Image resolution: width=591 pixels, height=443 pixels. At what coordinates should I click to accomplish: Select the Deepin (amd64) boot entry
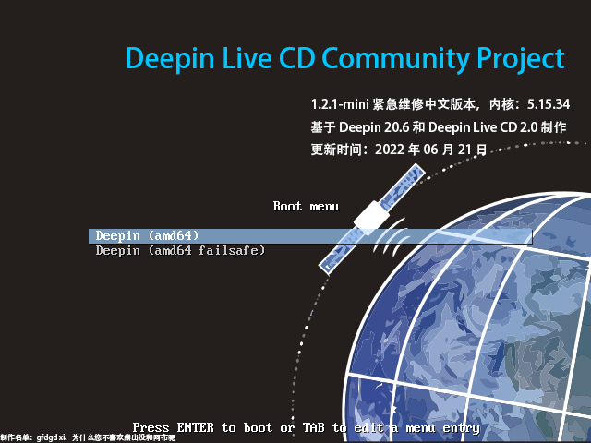pyautogui.click(x=148, y=236)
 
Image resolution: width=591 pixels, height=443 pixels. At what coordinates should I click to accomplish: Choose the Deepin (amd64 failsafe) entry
pyautogui.click(x=181, y=251)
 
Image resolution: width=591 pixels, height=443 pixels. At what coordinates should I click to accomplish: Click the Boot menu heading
pyautogui.click(x=306, y=206)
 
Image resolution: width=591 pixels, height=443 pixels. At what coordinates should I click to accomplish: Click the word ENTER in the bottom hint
pyautogui.click(x=195, y=428)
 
